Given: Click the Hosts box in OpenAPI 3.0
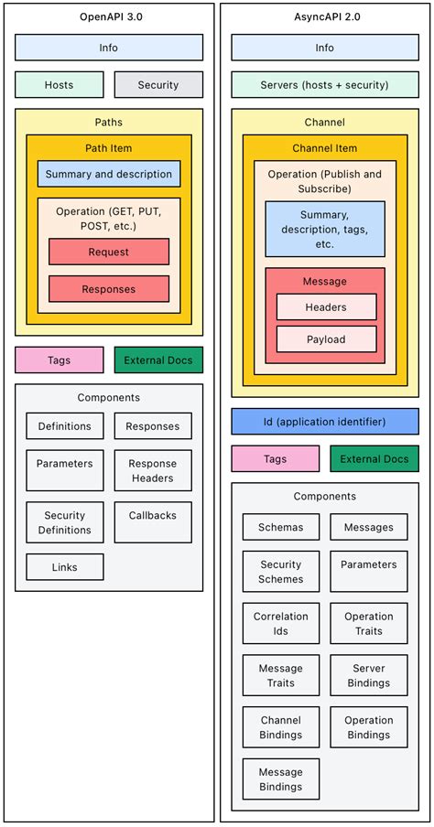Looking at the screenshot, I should click(x=59, y=85).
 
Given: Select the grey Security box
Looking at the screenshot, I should click(x=158, y=85).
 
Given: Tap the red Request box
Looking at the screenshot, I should click(x=109, y=252).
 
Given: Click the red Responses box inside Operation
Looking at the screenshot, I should click(x=109, y=289).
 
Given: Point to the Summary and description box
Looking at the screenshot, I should click(x=109, y=174).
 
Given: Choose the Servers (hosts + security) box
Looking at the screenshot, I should click(x=325, y=85).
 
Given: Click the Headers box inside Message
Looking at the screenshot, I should click(x=326, y=307).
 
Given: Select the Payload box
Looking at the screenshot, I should click(x=326, y=339).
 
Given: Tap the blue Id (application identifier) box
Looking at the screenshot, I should click(x=325, y=422).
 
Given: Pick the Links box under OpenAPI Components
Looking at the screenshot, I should click(x=65, y=567).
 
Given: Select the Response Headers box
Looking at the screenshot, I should click(x=153, y=471).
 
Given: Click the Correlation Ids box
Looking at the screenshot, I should click(x=281, y=624).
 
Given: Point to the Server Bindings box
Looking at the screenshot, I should click(x=369, y=675).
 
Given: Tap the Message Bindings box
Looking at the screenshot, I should click(x=281, y=779).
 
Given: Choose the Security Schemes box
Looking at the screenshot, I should click(x=281, y=572).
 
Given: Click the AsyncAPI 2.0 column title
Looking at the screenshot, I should click(x=325, y=16).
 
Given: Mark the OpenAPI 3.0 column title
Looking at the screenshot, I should click(x=109, y=16).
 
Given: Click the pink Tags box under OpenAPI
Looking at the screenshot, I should click(x=59, y=360).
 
